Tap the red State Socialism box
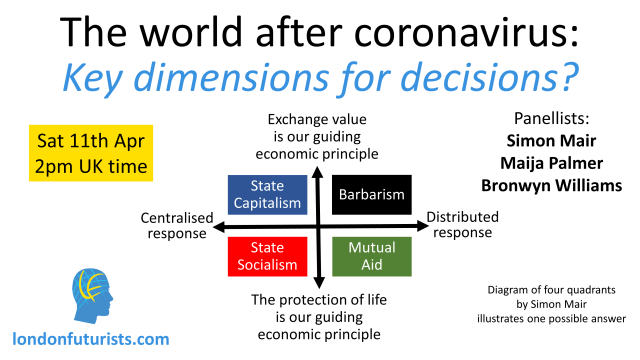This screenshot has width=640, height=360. click(268, 257)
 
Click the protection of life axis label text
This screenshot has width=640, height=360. click(317, 316)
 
